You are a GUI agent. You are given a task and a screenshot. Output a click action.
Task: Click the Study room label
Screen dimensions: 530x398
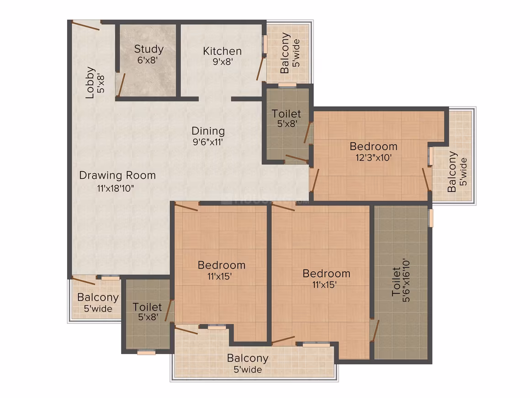[149, 49]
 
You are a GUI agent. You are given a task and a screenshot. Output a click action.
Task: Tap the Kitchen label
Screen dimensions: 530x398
[222, 51]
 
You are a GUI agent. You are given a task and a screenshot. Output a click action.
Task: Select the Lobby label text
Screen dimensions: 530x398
[90, 83]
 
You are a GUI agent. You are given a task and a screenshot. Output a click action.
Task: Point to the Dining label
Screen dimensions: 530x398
[208, 131]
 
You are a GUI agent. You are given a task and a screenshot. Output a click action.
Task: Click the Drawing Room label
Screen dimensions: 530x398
[117, 175]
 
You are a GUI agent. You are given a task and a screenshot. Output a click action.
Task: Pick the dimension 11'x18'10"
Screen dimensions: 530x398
[116, 188]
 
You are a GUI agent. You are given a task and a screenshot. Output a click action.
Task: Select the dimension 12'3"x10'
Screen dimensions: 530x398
[373, 157]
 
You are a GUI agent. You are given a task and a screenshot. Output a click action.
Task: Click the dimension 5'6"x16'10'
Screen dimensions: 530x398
[406, 280]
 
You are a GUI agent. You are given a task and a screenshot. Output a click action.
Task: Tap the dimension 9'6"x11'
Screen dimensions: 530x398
[208, 142]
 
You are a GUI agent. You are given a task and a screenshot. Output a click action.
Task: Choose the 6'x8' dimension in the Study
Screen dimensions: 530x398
[148, 60]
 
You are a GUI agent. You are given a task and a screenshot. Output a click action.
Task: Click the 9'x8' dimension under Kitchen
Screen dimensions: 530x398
[223, 62]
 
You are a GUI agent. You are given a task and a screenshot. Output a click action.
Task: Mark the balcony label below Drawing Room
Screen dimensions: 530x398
[98, 297]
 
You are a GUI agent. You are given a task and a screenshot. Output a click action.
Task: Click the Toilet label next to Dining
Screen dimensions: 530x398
[286, 114]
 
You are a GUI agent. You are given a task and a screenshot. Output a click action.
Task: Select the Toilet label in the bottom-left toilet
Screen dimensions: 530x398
[147, 307]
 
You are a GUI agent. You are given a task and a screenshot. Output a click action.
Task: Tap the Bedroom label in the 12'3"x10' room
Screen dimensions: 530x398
[373, 146]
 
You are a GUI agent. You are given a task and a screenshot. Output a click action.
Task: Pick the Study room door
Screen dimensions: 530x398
[121, 85]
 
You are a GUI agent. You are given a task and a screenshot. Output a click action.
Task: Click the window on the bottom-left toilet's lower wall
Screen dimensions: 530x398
[146, 353]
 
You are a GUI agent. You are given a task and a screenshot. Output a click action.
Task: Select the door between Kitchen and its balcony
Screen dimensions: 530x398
[260, 68]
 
